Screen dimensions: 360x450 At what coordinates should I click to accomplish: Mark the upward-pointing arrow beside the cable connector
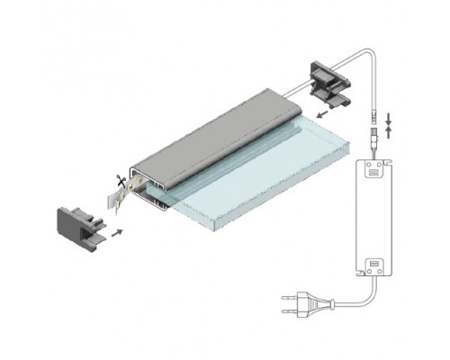click(x=389, y=131)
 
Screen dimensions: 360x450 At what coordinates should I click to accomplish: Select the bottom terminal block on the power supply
click(x=375, y=267)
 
